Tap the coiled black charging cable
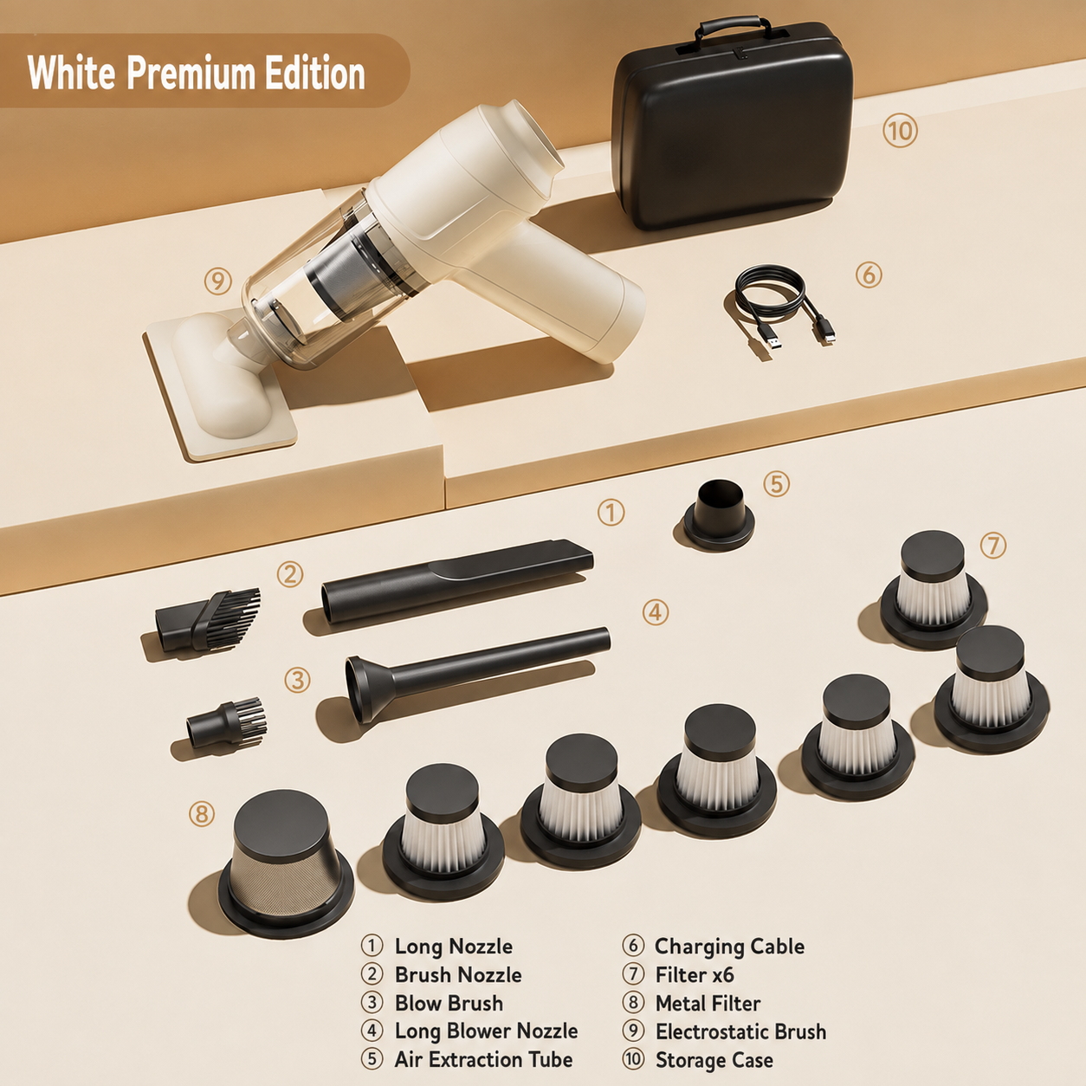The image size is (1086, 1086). pyautogui.click(x=771, y=293)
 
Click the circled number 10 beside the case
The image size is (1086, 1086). pyautogui.click(x=900, y=131)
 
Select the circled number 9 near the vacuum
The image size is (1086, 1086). pyautogui.click(x=218, y=281)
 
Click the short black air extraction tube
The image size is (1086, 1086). pyautogui.click(x=719, y=514)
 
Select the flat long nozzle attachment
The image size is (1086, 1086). pyautogui.click(x=457, y=580)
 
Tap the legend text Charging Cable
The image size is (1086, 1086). pyautogui.click(x=729, y=947)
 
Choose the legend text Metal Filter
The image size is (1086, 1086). pyautogui.click(x=708, y=1003)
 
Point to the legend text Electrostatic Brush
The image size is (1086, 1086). pyautogui.click(x=741, y=1031)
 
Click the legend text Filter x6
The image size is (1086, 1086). pyautogui.click(x=695, y=975)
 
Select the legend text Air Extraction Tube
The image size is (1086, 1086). pyautogui.click(x=483, y=1059)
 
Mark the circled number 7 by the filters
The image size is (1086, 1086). pyautogui.click(x=993, y=546)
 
